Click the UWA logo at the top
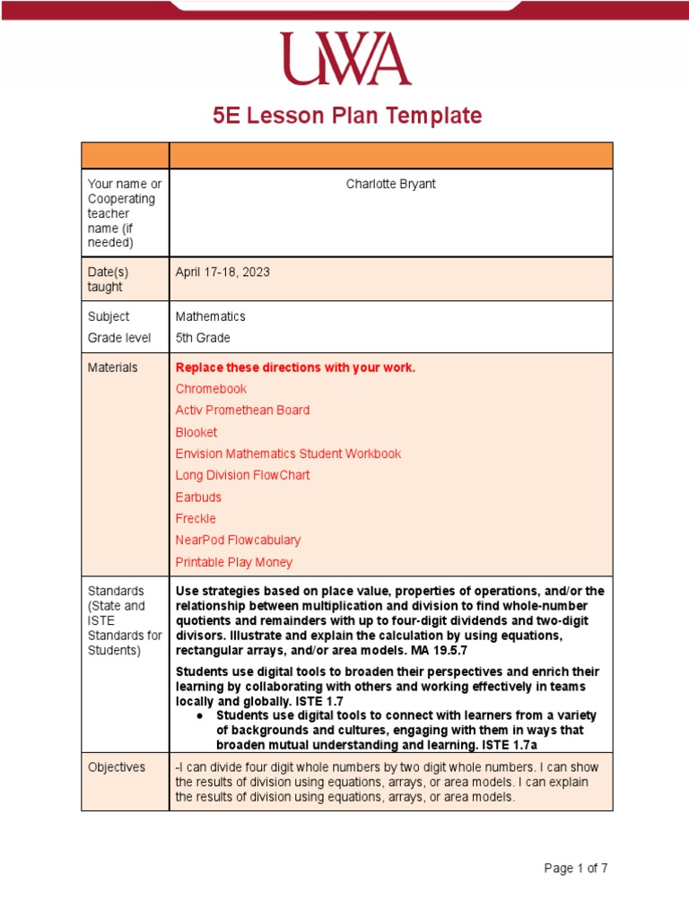pyautogui.click(x=345, y=58)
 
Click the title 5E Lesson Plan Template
pyautogui.click(x=346, y=116)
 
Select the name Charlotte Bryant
pyautogui.click(x=391, y=184)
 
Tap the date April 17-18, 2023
pyautogui.click(x=222, y=272)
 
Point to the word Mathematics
pyautogui.click(x=210, y=316)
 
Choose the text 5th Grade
pyautogui.click(x=203, y=338)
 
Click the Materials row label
pyautogui.click(x=112, y=368)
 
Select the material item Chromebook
pyautogui.click(x=211, y=389)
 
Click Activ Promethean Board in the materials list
pyautogui.click(x=242, y=411)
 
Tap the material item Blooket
pyautogui.click(x=196, y=432)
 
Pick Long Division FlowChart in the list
pyautogui.click(x=242, y=475)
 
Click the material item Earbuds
pyautogui.click(x=198, y=497)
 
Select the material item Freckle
pyautogui.click(x=196, y=518)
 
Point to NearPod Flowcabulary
pyautogui.click(x=238, y=541)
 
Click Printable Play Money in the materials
pyautogui.click(x=233, y=562)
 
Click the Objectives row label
pyautogui.click(x=116, y=767)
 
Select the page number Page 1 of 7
pyautogui.click(x=576, y=868)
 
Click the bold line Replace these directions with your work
pyautogui.click(x=295, y=368)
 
